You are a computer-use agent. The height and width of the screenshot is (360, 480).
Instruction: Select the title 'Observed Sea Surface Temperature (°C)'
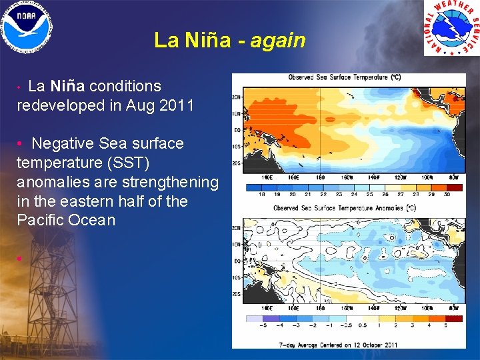344,78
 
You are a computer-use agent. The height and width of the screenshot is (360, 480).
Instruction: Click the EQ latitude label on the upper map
237,129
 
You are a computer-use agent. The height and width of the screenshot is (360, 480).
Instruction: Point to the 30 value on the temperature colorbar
447,195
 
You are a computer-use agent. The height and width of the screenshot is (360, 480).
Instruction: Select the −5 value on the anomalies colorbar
263,326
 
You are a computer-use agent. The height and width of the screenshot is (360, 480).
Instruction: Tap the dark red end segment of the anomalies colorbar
455,319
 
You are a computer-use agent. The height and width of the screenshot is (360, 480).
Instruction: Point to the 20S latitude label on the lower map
237,293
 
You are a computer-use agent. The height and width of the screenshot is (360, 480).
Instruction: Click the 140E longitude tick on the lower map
266,309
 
